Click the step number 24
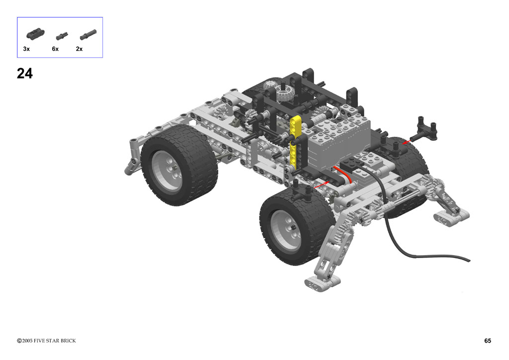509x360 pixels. click(x=25, y=74)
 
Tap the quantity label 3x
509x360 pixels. click(x=26, y=49)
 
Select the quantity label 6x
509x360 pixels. click(x=55, y=49)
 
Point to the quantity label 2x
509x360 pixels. click(x=79, y=49)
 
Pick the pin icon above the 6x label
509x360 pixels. click(x=62, y=36)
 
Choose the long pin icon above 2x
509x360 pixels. click(x=88, y=34)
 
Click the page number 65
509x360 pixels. click(x=488, y=341)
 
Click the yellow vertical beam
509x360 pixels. click(x=295, y=142)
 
